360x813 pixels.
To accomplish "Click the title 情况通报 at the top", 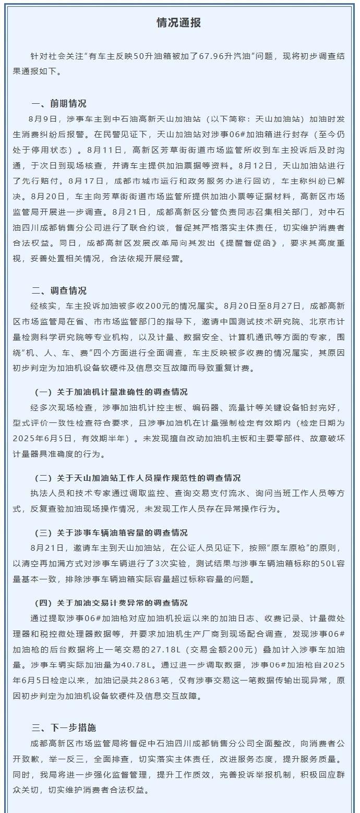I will pos(179,23).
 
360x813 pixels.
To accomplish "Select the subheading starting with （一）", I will pos(111,392).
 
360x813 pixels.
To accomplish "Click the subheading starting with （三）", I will pos(111,532).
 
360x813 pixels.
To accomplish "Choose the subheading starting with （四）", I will pos(111,603).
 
